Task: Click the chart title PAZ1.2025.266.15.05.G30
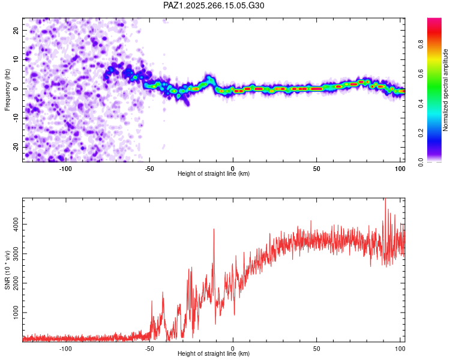point(214,5)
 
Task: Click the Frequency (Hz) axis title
point(7,90)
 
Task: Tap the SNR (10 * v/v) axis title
point(7,270)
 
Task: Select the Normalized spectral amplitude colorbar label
point(445,90)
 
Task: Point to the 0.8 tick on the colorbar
point(421,44)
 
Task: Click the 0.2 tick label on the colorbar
point(421,133)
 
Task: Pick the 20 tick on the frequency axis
point(16,30)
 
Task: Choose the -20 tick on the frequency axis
point(16,147)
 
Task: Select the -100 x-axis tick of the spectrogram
point(65,169)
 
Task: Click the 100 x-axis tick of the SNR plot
point(400,349)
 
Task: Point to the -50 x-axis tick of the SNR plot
point(149,349)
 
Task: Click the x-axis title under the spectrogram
point(214,173)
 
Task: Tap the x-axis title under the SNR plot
point(214,353)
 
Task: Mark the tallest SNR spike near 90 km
point(385,199)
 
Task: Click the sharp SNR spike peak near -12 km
point(214,229)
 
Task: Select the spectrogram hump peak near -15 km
point(209,77)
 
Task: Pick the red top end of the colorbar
point(434,19)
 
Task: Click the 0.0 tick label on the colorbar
point(421,163)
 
